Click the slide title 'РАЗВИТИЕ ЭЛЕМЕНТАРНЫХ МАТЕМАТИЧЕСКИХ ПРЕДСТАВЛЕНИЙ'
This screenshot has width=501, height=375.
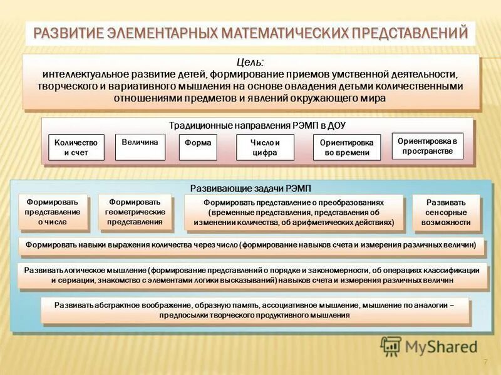coord(250,32)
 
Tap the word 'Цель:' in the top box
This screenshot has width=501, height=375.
coord(250,62)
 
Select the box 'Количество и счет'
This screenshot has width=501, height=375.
coord(76,147)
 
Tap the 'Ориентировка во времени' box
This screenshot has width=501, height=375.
coord(346,147)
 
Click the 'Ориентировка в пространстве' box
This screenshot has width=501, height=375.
coord(427,146)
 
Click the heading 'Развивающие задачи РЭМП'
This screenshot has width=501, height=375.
coord(250,189)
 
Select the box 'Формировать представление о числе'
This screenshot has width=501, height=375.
coord(53,211)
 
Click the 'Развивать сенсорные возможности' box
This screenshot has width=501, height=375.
coord(446,212)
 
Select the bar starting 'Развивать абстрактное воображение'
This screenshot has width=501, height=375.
coord(253,310)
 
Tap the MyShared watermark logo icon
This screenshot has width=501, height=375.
coord(391,346)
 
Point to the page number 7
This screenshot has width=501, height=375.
coord(485,362)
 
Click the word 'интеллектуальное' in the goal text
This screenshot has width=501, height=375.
coord(80,74)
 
